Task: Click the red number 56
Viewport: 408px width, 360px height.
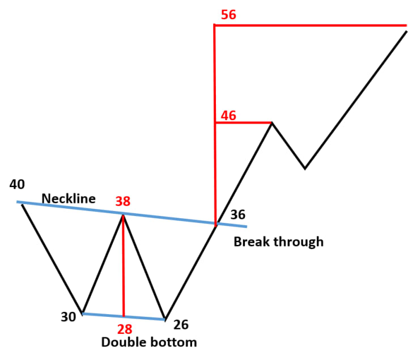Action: (228, 15)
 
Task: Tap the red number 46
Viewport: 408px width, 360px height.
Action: (228, 116)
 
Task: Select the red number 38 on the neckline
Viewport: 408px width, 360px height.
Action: (123, 201)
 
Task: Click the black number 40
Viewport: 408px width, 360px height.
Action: (17, 184)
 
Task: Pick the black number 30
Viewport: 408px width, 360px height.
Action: (69, 317)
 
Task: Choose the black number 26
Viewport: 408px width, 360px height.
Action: (181, 325)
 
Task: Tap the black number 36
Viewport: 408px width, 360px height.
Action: (238, 215)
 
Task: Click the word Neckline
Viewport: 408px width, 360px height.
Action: (69, 198)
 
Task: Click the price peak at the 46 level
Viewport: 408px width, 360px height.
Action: (272, 123)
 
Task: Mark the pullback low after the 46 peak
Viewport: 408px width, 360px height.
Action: (305, 168)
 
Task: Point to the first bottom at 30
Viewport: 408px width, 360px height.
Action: (83, 313)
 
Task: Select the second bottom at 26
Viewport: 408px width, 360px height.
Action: (165, 319)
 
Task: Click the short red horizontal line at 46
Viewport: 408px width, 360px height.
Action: (244, 122)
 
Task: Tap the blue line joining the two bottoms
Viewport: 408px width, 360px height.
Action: (124, 316)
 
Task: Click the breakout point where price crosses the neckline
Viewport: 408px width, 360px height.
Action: (215, 225)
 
